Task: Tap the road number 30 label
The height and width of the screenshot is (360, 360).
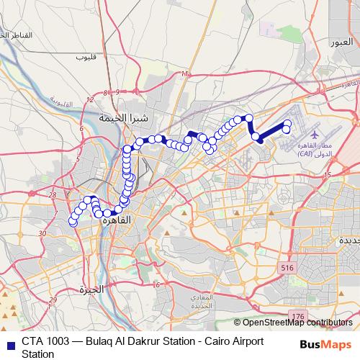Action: click(42, 233)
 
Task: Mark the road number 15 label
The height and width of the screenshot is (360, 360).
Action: click(328, 175)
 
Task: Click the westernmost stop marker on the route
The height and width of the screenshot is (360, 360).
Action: click(73, 222)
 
